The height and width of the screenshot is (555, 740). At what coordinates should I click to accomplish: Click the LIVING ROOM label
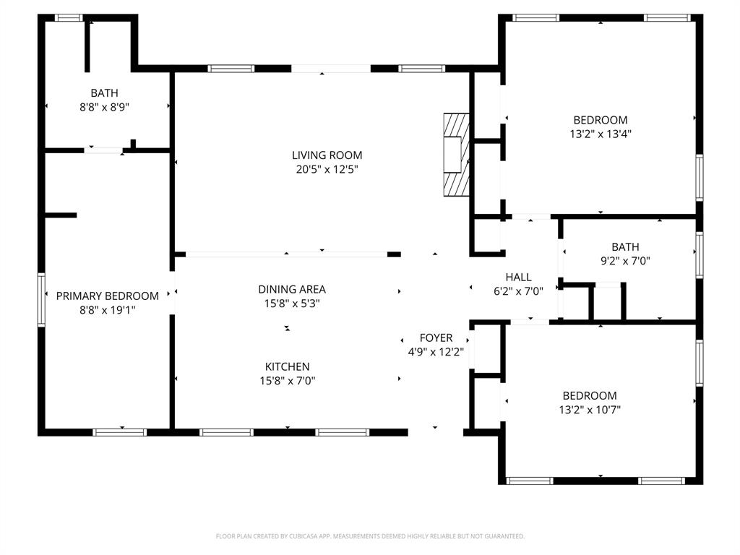327,155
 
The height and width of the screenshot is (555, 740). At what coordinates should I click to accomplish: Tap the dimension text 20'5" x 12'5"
327,169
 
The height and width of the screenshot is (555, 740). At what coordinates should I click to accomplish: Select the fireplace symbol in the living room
456,154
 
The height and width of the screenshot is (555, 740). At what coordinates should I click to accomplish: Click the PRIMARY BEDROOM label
107,296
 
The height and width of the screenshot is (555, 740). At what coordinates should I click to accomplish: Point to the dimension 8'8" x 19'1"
107,309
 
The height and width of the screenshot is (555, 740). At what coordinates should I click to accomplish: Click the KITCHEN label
287,366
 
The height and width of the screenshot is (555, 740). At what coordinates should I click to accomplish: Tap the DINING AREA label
292,289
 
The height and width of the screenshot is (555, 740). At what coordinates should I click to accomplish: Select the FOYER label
436,337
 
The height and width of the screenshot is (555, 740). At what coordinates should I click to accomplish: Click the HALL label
518,277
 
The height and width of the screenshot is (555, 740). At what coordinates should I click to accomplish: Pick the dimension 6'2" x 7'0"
518,291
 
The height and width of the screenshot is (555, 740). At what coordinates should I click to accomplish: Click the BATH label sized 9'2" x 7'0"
625,247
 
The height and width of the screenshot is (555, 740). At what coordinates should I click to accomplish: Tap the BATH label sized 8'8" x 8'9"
104,92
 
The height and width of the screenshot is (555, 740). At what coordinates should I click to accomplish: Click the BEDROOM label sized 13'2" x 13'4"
600,120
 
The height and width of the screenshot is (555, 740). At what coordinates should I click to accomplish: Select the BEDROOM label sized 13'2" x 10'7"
590,395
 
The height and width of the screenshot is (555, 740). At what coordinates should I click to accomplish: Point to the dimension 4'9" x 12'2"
436,352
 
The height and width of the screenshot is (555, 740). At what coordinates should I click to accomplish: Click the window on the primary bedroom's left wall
41,299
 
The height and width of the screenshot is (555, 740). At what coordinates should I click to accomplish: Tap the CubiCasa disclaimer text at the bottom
370,536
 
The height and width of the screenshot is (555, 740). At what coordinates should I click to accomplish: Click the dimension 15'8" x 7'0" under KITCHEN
287,380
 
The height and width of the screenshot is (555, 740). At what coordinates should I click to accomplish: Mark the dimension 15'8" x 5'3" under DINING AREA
292,304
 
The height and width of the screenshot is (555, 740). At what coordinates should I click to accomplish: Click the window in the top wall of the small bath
69,17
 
